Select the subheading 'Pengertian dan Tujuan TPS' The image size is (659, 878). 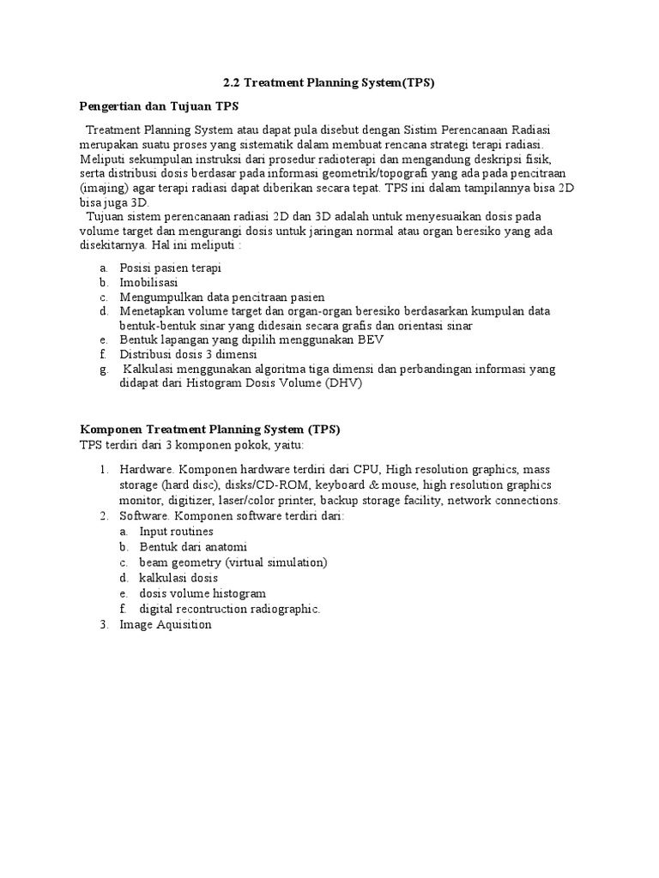tap(159, 105)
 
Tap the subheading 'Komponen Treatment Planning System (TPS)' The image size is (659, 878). tap(210, 430)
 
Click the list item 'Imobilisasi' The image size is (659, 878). tap(148, 282)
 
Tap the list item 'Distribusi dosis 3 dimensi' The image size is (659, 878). tap(189, 354)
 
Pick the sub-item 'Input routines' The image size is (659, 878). tap(176, 532)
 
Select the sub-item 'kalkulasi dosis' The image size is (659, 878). tap(178, 578)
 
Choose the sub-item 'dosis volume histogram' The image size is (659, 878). tap(203, 593)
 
